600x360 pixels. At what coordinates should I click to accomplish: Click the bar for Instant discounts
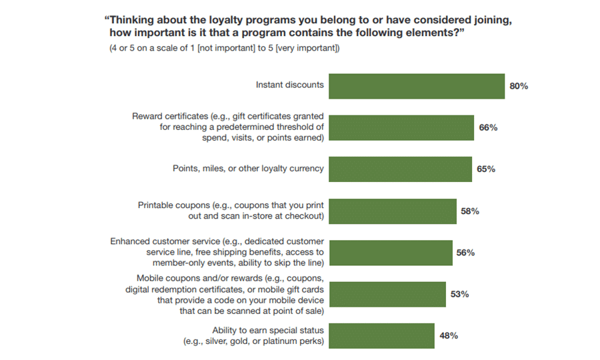pyautogui.click(x=417, y=86)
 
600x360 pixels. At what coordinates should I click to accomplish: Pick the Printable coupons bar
pyautogui.click(x=393, y=211)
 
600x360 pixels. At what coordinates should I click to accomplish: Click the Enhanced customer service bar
pyautogui.click(x=391, y=253)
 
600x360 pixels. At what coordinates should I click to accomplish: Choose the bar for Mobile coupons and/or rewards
pyautogui.click(x=387, y=294)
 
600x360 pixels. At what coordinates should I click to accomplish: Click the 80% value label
pyautogui.click(x=519, y=86)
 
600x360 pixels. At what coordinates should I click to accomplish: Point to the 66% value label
pyautogui.click(x=488, y=127)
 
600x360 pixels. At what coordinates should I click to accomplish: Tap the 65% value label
pyautogui.click(x=486, y=169)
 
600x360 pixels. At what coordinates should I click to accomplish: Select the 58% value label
pyautogui.click(x=470, y=211)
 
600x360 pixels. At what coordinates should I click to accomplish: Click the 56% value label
pyautogui.click(x=466, y=253)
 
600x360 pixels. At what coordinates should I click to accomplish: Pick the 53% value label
pyautogui.click(x=459, y=294)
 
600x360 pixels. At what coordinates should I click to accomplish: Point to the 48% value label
pyautogui.click(x=448, y=335)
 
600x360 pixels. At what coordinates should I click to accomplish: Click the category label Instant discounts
pyautogui.click(x=290, y=85)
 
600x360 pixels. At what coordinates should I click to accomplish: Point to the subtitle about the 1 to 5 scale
pyautogui.click(x=225, y=49)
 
